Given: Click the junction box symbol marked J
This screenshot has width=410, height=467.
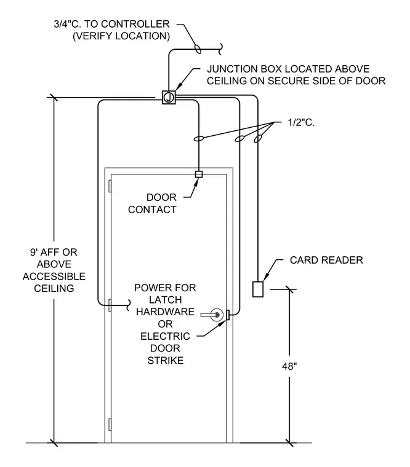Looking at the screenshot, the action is [x=169, y=97].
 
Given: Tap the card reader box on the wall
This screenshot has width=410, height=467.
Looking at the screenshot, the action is [x=258, y=289].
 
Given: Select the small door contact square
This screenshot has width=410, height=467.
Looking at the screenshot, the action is [x=199, y=174].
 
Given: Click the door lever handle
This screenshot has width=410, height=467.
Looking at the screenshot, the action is [x=212, y=315].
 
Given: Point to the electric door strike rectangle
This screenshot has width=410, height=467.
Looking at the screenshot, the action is [x=228, y=315].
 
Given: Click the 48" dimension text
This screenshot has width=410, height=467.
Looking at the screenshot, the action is [x=289, y=366].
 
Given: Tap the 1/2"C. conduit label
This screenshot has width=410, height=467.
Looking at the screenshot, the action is [x=301, y=122].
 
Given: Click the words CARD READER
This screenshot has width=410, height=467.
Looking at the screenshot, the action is [x=326, y=260].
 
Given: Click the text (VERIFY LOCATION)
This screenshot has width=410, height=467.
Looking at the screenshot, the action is [x=121, y=36].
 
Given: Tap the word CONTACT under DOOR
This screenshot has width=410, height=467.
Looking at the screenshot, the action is [x=152, y=210].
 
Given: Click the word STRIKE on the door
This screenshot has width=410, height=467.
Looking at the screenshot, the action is [x=166, y=360].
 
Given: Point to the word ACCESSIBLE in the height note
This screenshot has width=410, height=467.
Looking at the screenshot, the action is [x=54, y=277].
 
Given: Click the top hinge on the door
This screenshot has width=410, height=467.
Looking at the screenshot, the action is [x=110, y=186].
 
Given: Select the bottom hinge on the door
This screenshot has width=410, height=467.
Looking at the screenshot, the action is [x=110, y=425].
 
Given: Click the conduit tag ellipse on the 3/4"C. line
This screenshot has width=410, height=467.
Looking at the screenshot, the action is [x=198, y=49].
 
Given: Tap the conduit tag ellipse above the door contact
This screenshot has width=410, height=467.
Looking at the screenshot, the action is [x=199, y=138].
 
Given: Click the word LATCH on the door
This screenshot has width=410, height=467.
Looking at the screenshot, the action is [x=166, y=300].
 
